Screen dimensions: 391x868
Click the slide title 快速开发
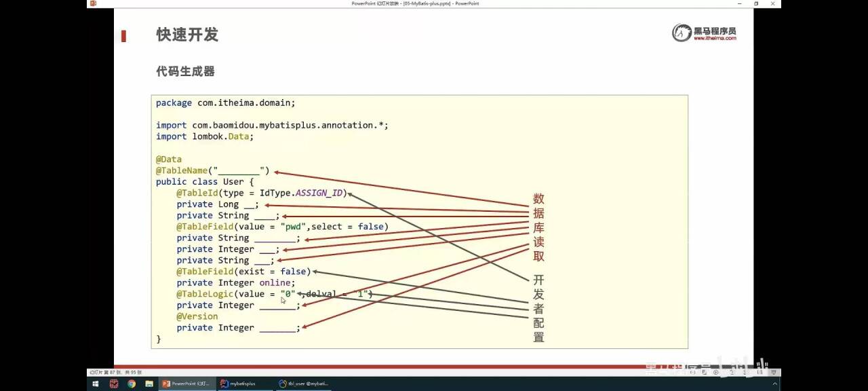click(x=187, y=35)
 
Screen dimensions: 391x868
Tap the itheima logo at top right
click(x=704, y=33)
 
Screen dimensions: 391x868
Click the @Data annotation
click(x=169, y=160)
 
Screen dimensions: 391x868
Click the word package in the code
click(x=174, y=103)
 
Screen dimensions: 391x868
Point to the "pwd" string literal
click(x=294, y=227)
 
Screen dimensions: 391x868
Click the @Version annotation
click(x=197, y=316)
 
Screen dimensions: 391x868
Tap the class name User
click(x=233, y=182)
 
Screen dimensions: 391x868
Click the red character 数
click(x=538, y=199)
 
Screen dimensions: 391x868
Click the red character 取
click(x=538, y=256)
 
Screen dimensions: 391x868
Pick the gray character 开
click(x=538, y=280)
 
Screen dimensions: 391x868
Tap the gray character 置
click(x=538, y=337)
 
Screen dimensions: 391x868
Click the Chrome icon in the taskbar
click(x=131, y=384)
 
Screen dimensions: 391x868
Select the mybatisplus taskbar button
click(x=239, y=384)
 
